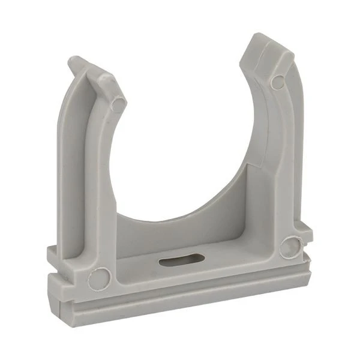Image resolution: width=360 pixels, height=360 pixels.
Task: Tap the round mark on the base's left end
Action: click(99, 278)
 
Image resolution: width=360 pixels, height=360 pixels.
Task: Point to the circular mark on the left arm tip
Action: click(119, 104)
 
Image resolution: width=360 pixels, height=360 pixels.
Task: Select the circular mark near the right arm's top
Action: click(277, 81)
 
